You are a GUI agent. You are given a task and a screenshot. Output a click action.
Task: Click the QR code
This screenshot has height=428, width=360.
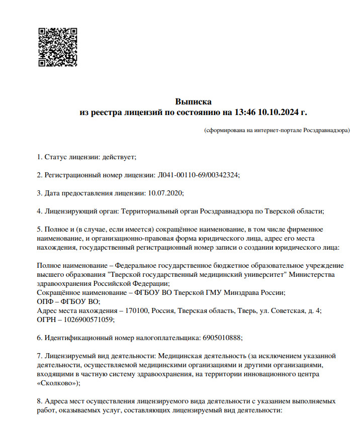[58, 47]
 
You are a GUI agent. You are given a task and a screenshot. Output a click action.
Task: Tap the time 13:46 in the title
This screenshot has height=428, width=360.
[246, 112]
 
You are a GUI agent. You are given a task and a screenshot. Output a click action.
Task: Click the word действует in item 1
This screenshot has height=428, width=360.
[119, 157]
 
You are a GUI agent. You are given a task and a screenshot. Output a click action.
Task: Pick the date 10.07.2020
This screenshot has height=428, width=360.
[166, 192]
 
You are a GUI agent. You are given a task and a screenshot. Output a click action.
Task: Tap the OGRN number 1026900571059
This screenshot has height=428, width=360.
[86, 319]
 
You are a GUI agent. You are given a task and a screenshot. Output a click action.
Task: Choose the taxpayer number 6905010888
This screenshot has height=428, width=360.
[222, 338]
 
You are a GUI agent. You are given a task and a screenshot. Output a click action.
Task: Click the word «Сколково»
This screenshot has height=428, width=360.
[57, 383]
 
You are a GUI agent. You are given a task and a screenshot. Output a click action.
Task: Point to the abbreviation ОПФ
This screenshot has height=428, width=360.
[45, 301]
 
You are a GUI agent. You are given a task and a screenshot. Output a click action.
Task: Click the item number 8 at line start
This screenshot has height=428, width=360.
[39, 401]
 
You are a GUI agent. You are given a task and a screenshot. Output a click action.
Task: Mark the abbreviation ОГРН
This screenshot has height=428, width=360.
[47, 319]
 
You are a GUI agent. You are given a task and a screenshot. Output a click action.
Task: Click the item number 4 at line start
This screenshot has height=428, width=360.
[39, 210]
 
